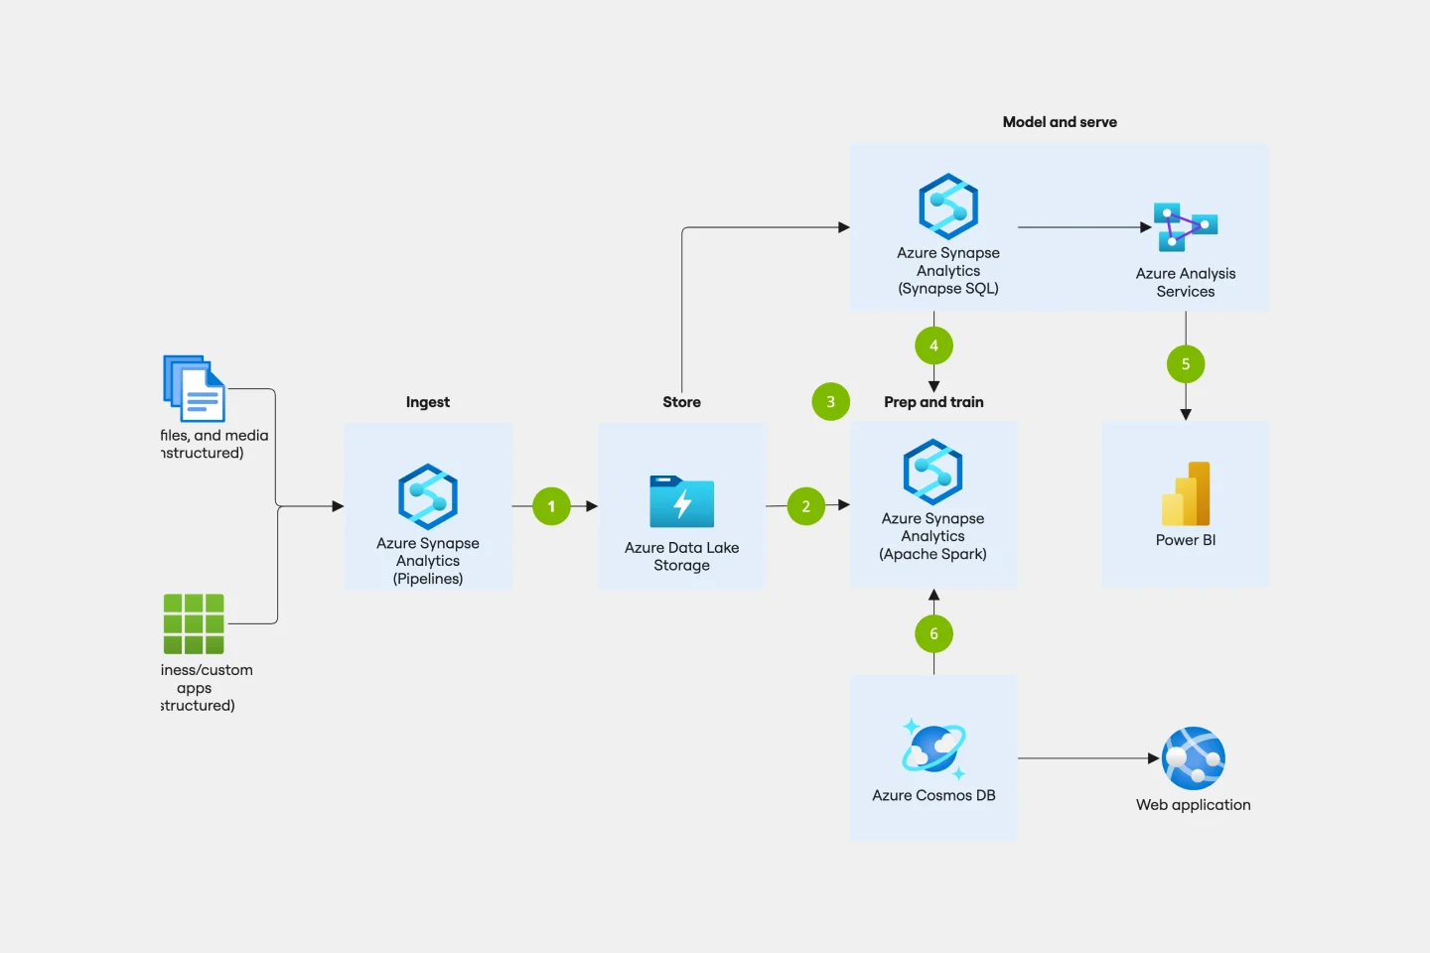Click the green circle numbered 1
point(551,506)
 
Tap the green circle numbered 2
point(805,506)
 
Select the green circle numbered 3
point(830,402)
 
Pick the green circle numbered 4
point(933,345)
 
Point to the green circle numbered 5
point(1185,364)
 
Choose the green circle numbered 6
point(933,633)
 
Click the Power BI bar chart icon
point(1186,493)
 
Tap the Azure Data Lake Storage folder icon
point(681,501)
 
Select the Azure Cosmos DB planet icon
point(933,749)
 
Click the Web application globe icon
point(1193,758)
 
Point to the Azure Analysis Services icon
point(1185,227)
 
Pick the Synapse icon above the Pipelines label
point(428,496)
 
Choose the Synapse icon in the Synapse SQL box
point(948,206)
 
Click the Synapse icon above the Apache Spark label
point(933,472)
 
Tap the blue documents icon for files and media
point(195,388)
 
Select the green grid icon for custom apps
point(194,623)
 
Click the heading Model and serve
point(1060,122)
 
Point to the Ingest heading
point(428,402)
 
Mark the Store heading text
point(681,402)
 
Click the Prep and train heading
point(933,402)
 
